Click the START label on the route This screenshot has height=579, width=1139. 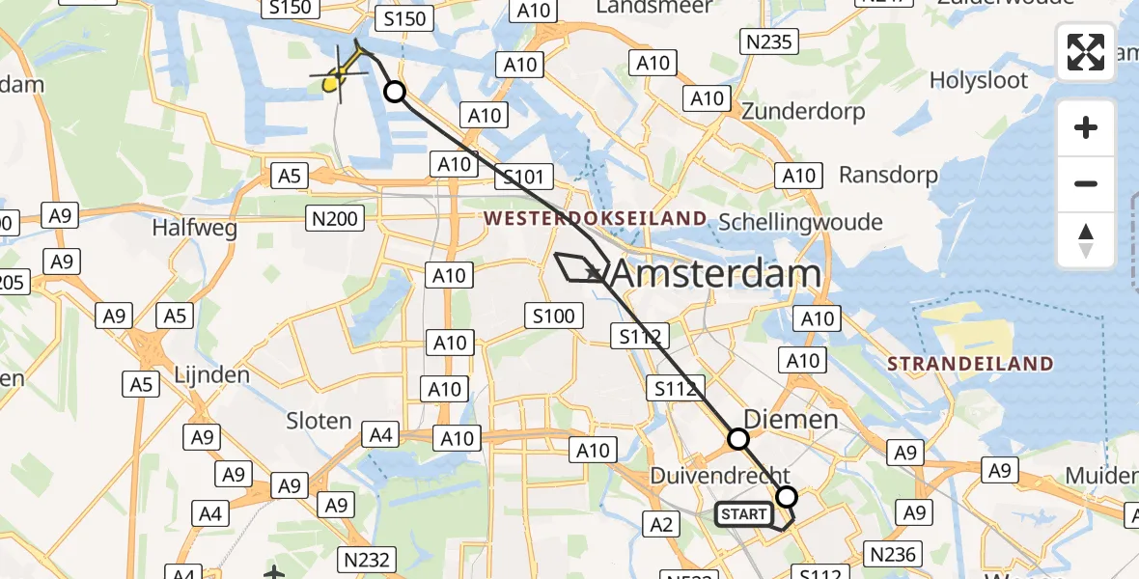743,514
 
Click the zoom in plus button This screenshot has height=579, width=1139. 1086,127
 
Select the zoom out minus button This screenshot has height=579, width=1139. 1086,183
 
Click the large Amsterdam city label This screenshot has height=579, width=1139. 716,274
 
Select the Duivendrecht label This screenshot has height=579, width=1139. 720,476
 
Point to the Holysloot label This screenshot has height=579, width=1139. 979,80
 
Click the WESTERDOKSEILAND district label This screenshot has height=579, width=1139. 596,219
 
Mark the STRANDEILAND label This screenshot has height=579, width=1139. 969,364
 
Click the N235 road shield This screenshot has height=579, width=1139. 768,41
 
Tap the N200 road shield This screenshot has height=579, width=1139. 333,218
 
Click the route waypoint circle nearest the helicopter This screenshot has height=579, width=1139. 395,93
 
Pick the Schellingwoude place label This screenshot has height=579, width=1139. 801,222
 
